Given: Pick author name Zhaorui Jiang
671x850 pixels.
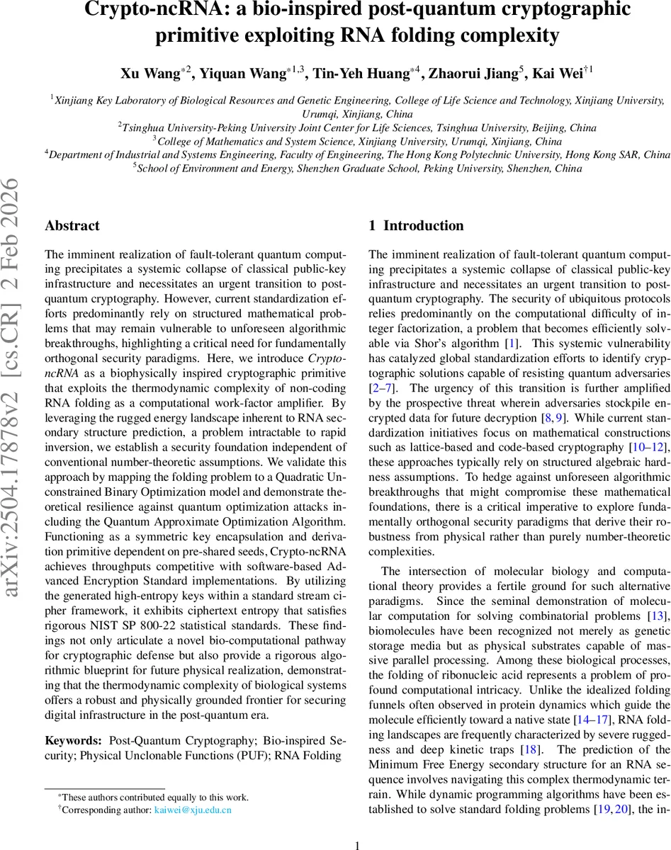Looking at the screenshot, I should point(476,74).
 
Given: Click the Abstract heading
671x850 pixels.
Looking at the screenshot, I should point(72,226).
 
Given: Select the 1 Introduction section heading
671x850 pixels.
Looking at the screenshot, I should point(417,226).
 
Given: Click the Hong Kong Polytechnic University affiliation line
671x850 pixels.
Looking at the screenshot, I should point(358,154).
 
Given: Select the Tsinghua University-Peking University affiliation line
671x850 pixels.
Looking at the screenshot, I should point(358,128).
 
